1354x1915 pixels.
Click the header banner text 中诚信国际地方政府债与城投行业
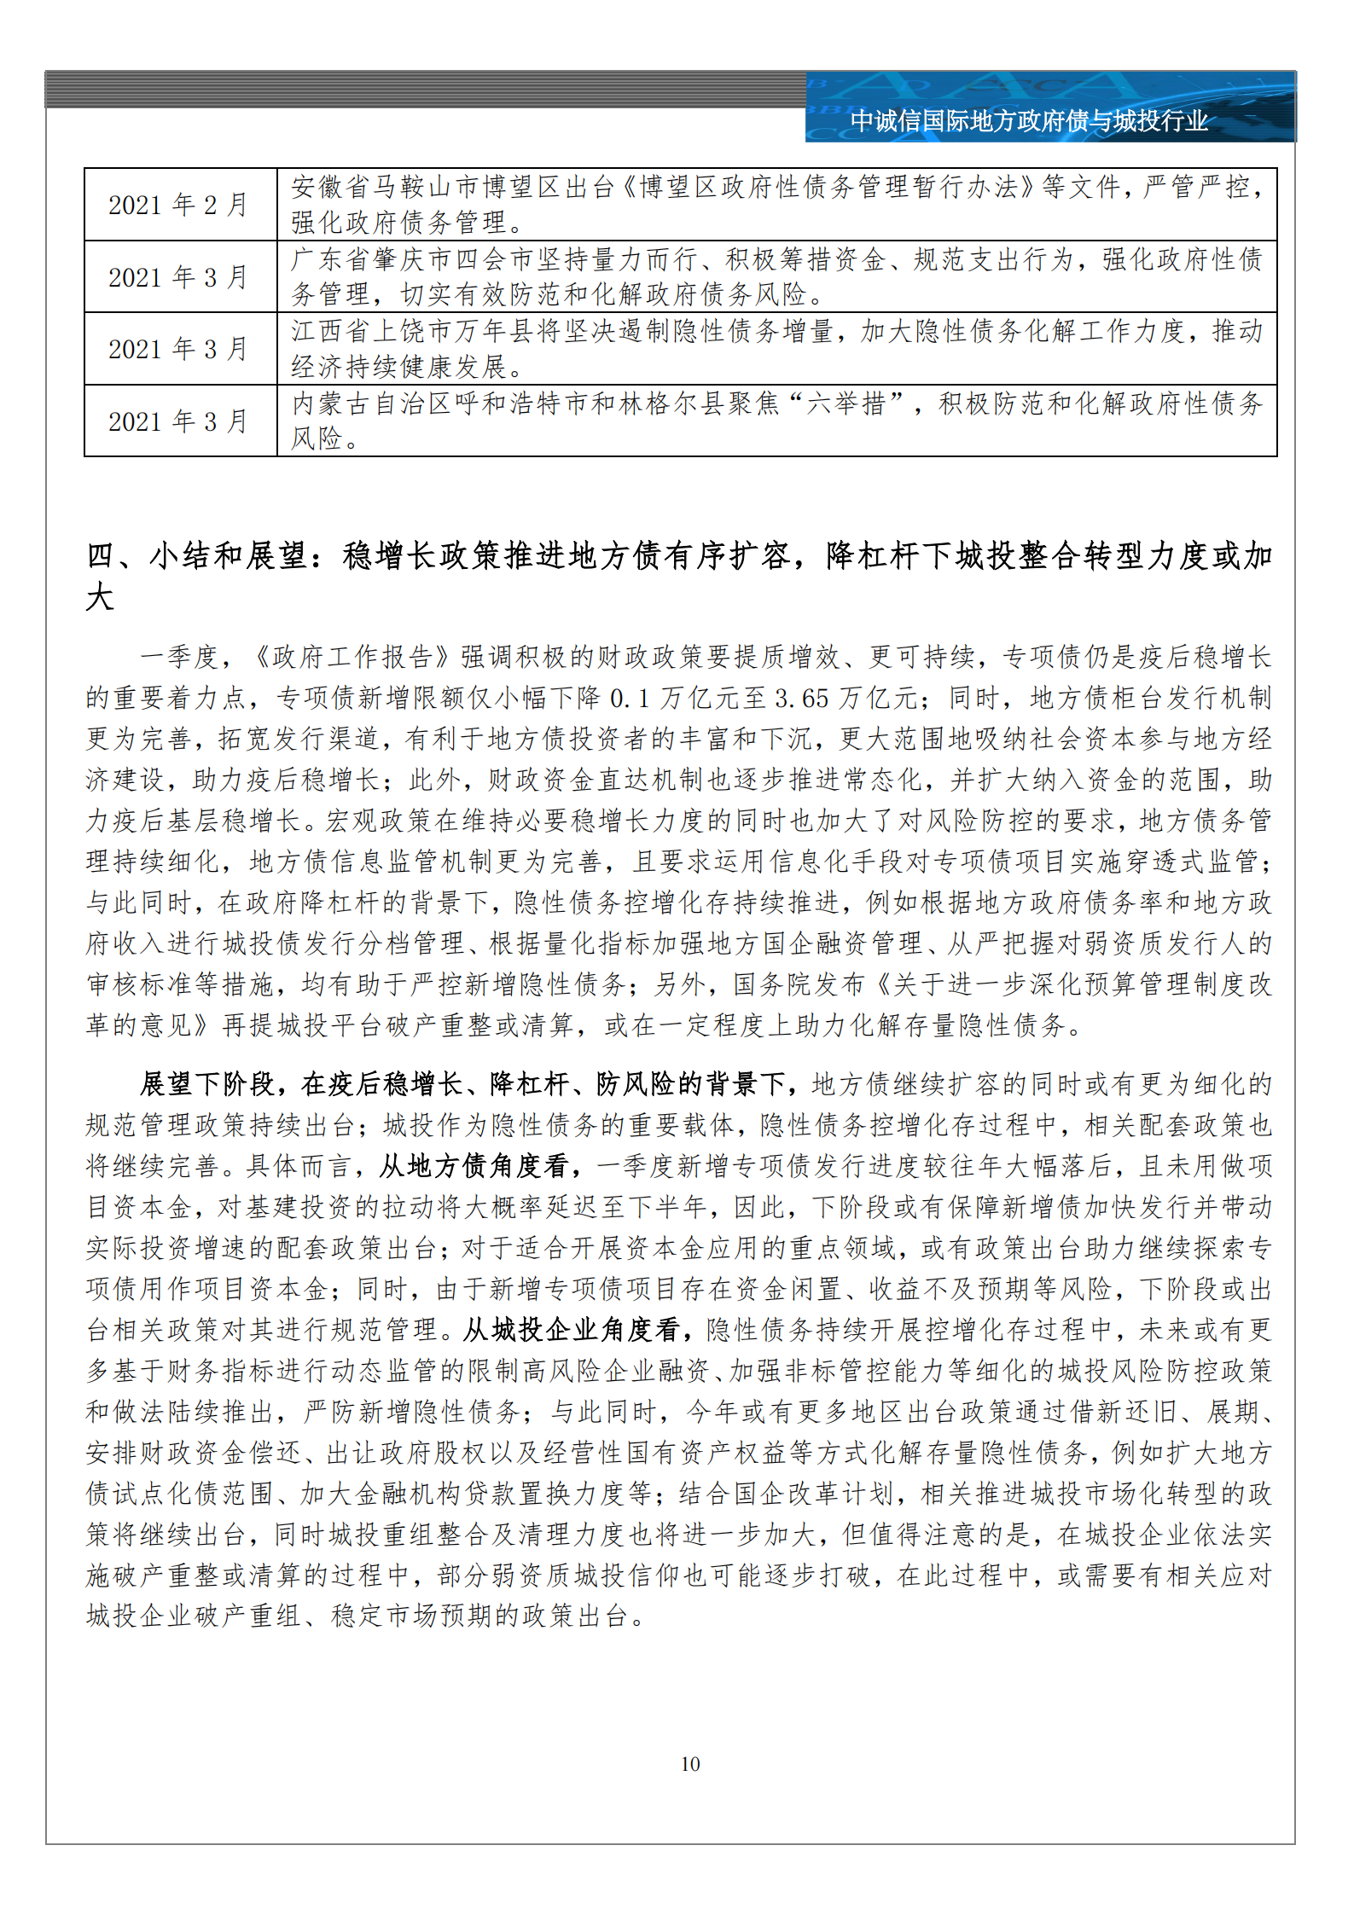1029,121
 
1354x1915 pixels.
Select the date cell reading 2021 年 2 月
177,205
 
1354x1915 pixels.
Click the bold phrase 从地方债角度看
476,1165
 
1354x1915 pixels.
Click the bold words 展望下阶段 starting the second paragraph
207,1083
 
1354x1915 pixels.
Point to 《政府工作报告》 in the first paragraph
352,657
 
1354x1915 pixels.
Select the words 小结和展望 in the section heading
228,555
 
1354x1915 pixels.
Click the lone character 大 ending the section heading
100,597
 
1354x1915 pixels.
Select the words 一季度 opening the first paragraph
179,657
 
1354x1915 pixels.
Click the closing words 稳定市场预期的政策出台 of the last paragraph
479,1616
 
